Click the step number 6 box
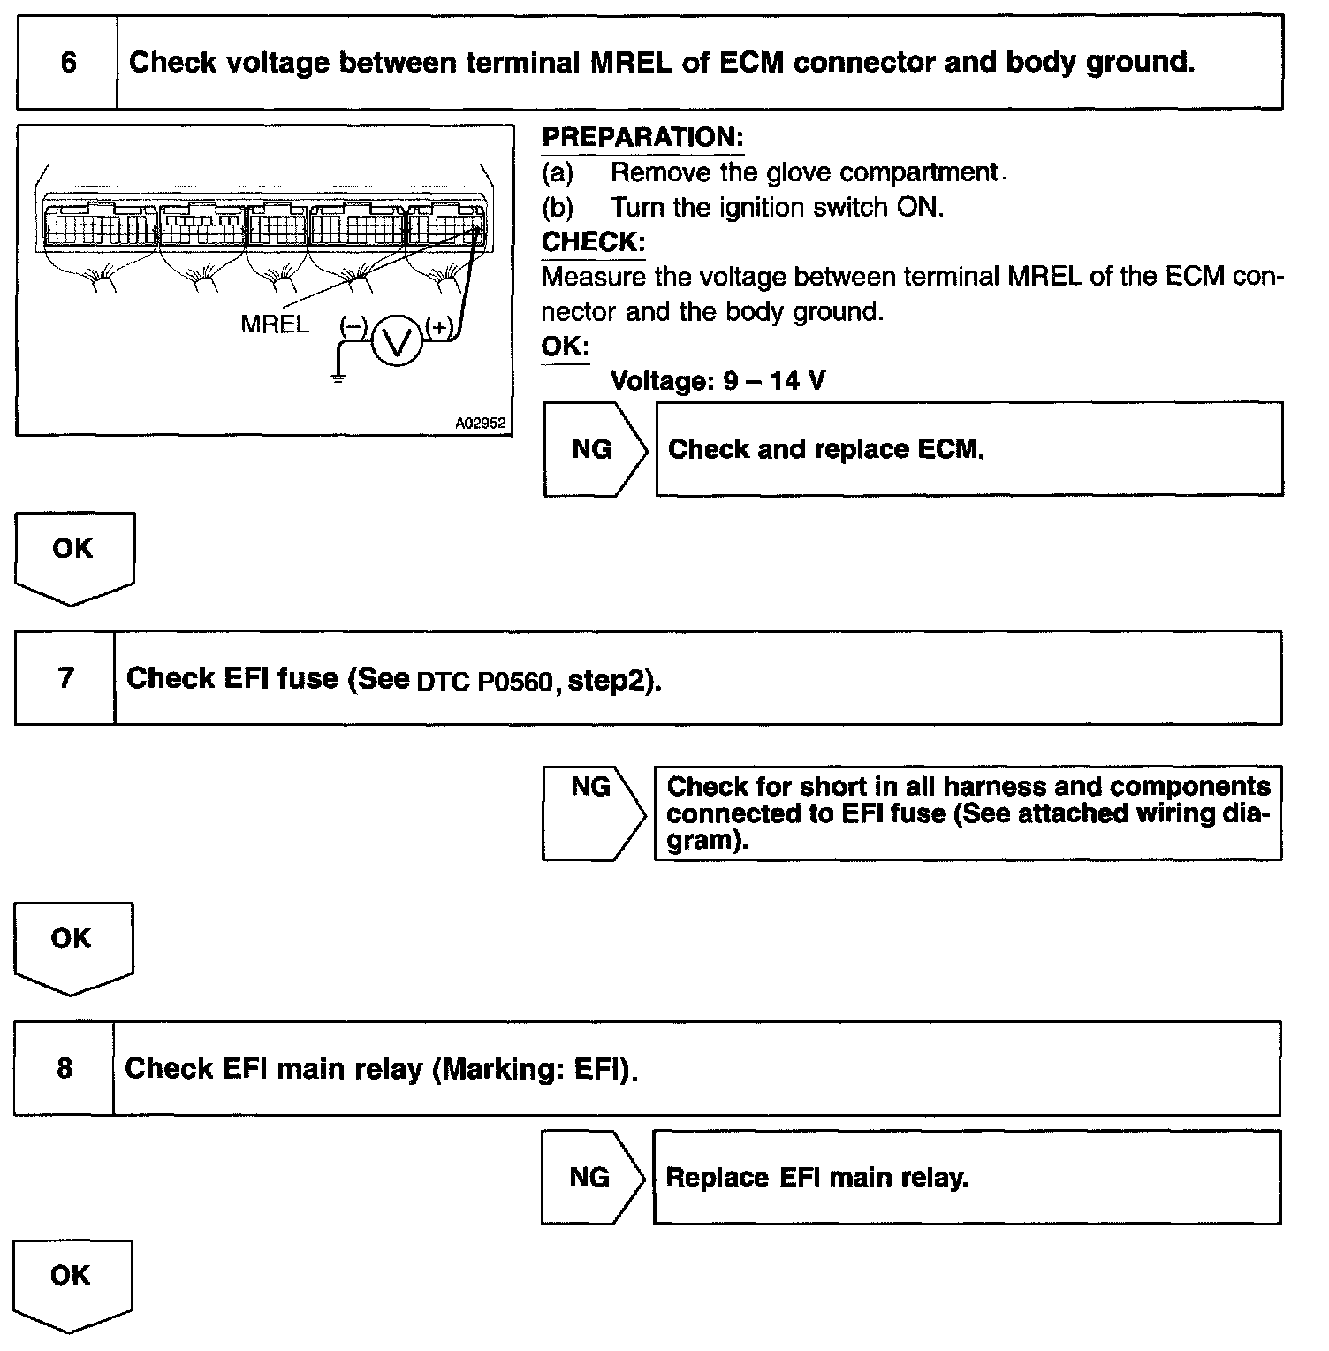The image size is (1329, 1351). [67, 62]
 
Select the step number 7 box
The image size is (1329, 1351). [65, 678]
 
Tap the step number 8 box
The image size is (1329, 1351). [65, 1068]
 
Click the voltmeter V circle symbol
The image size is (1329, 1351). [397, 340]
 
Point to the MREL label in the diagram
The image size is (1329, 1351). [275, 324]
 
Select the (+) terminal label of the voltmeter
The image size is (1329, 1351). [439, 327]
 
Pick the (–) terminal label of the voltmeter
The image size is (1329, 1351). [353, 327]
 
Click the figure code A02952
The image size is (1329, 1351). [480, 424]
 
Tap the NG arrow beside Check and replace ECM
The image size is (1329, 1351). [595, 449]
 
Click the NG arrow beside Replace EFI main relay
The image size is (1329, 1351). [593, 1177]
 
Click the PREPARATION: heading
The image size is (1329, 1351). [642, 137]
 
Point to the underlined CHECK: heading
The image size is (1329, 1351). [593, 241]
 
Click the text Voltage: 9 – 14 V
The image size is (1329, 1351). [718, 381]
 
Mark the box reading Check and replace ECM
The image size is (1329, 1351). [968, 449]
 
